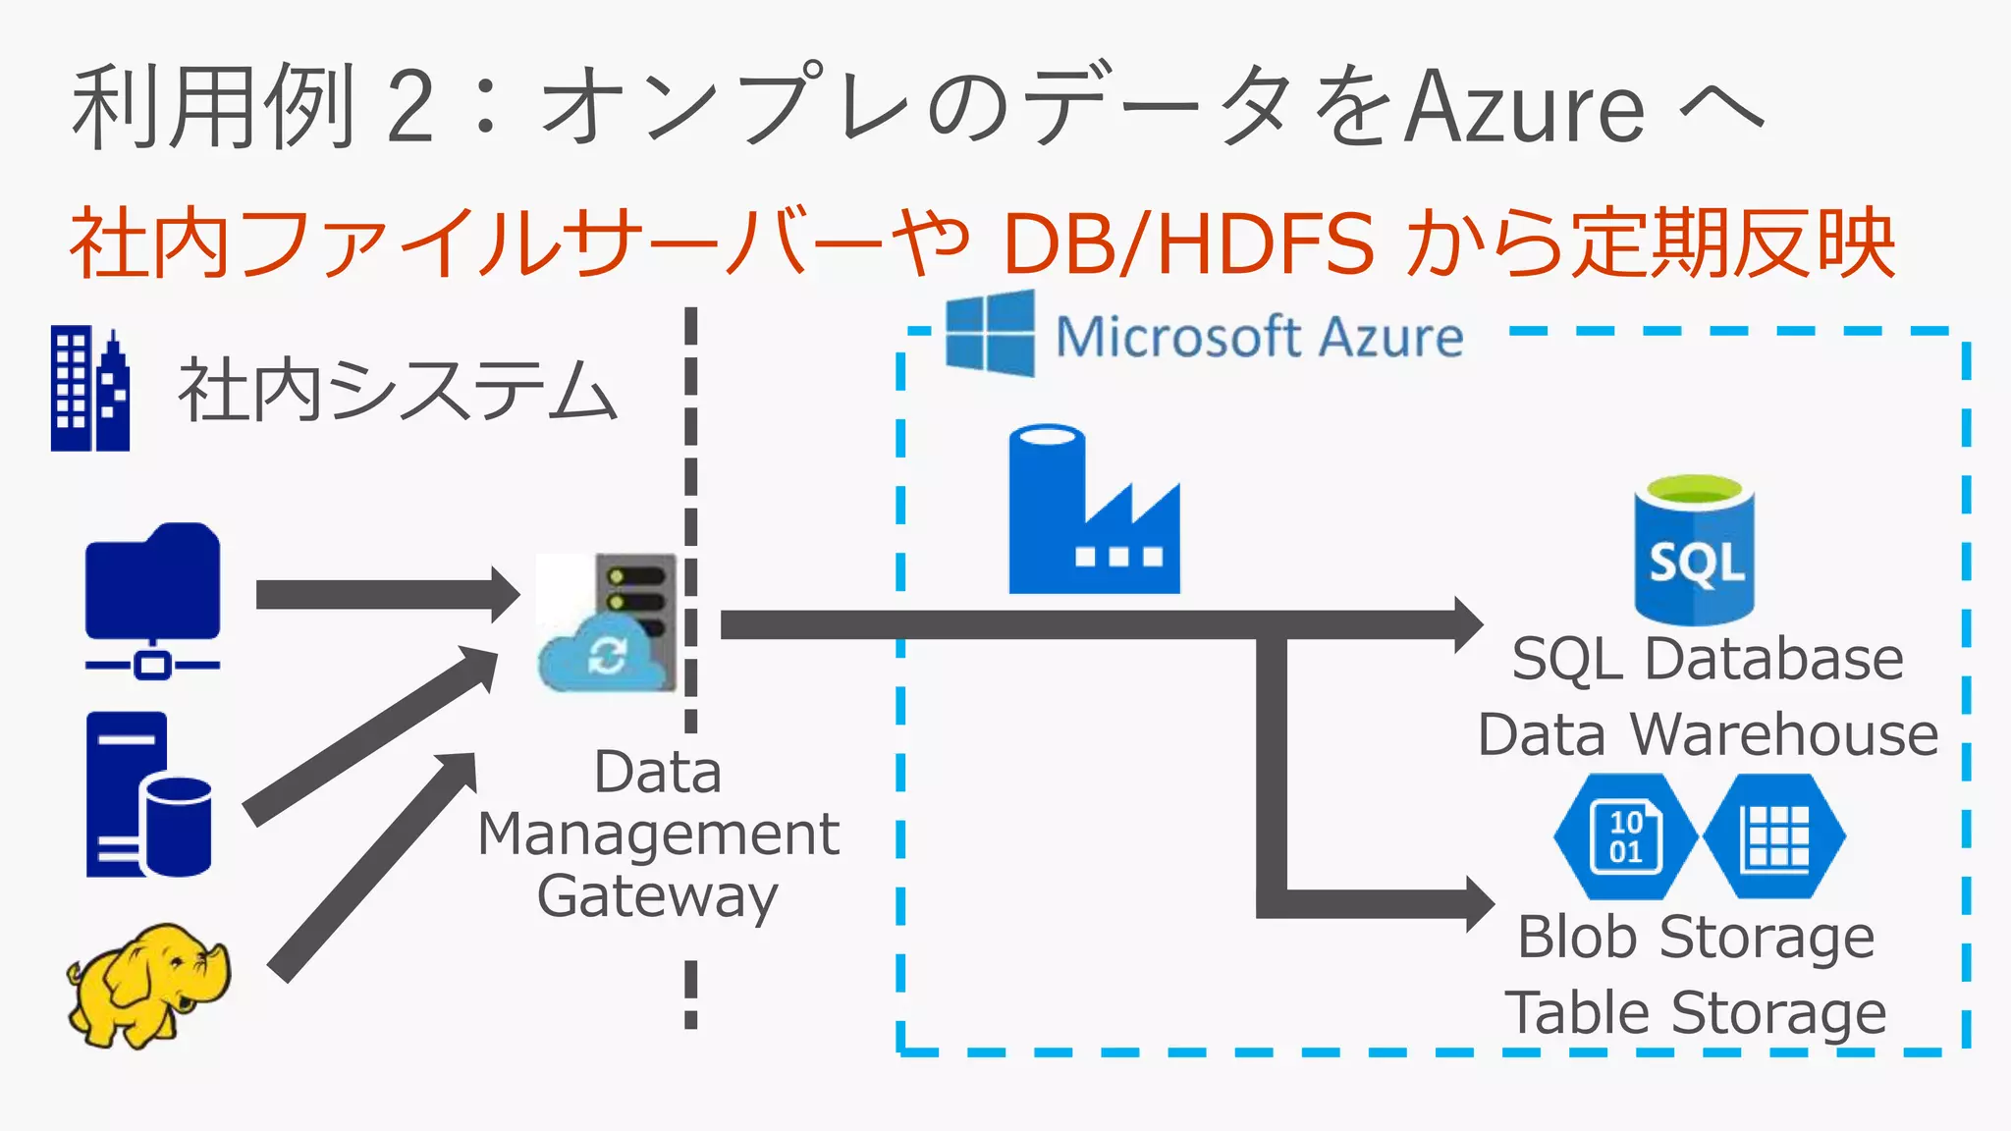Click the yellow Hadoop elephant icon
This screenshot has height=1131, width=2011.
[x=147, y=985]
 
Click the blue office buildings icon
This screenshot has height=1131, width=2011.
[x=90, y=390]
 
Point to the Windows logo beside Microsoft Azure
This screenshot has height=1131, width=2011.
[x=990, y=334]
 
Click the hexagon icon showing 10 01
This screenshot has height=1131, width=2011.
[x=1625, y=836]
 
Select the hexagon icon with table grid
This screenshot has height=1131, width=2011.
[x=1774, y=836]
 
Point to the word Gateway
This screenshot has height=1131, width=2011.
[x=657, y=897]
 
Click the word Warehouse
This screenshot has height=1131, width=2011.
[x=1784, y=734]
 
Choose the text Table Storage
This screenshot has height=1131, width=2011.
[x=1696, y=1014]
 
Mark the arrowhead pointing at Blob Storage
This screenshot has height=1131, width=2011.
[x=1478, y=904]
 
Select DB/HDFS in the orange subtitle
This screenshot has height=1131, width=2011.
[x=1188, y=244]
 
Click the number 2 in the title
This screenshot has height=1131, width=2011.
[x=409, y=107]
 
